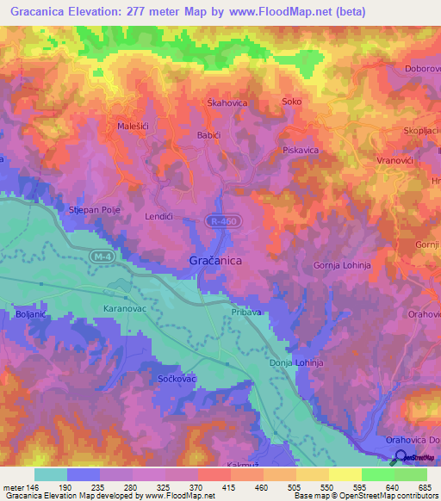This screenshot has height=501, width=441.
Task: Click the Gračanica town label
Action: point(214,259)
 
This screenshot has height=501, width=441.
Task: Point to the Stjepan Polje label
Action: point(92,210)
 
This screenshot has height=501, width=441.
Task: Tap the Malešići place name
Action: point(135,127)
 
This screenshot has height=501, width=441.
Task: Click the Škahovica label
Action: point(227,102)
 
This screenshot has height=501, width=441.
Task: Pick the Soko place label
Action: point(292,102)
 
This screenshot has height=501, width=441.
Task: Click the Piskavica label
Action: point(301,150)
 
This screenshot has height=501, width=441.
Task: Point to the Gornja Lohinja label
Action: point(341,266)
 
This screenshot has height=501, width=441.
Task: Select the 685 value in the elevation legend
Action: point(419,488)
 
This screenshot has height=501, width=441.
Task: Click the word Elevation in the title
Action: point(99,12)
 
